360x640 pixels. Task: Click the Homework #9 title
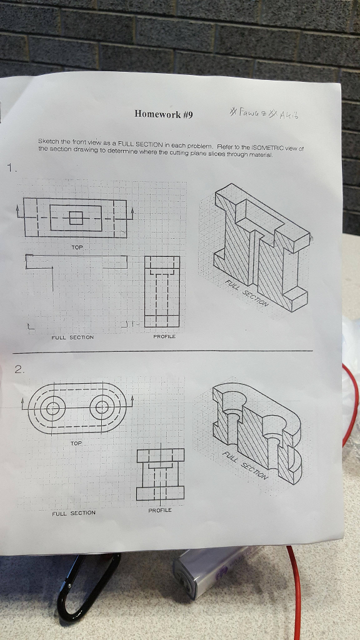tap(164, 114)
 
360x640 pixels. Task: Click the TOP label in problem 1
tap(76, 247)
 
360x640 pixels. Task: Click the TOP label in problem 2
tap(76, 442)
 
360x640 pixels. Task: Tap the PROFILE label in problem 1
tap(164, 336)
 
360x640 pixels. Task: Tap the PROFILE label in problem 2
tap(160, 511)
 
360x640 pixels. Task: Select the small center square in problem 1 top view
tap(76, 217)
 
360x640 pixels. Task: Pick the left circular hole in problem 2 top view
tap(52, 409)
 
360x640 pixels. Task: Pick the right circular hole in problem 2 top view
tap(102, 409)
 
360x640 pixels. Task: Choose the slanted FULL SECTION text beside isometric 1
tap(247, 294)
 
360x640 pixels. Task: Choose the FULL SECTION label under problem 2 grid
tap(74, 513)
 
